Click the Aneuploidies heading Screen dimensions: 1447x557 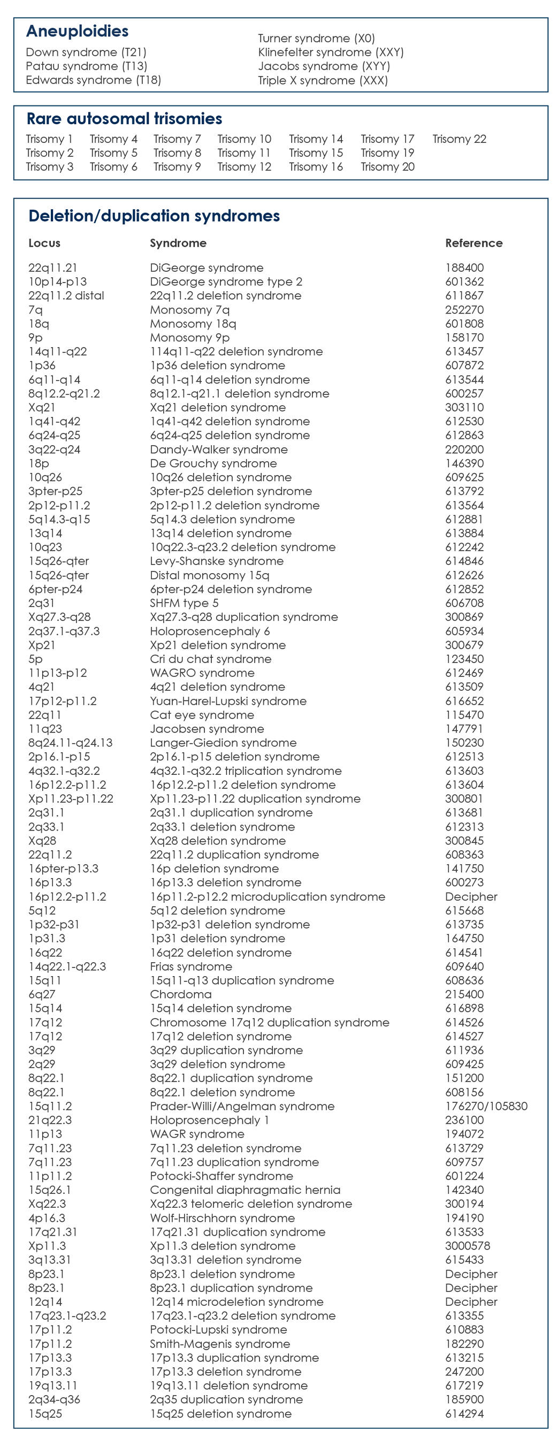[x=78, y=32]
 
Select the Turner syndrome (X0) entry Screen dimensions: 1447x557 [x=316, y=39]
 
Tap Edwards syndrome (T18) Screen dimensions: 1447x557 [x=93, y=80]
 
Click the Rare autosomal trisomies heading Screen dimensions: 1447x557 [x=124, y=119]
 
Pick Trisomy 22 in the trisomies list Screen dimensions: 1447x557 [x=459, y=139]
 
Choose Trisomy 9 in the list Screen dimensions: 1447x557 [x=177, y=167]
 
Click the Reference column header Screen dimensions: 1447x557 [x=474, y=243]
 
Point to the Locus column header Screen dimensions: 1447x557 [x=44, y=243]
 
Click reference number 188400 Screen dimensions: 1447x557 [x=464, y=268]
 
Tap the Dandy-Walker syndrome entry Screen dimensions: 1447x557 [x=218, y=450]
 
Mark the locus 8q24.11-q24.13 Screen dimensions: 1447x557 [x=70, y=743]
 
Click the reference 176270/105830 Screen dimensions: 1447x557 [x=486, y=1106]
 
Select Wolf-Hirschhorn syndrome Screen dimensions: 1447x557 [x=222, y=1218]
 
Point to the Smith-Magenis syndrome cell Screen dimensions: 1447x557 [x=219, y=1344]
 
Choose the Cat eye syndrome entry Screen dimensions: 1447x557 [x=202, y=715]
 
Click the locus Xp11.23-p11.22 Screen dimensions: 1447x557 [x=71, y=799]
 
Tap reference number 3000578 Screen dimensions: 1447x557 [x=467, y=1246]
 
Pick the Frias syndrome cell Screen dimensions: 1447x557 [x=191, y=966]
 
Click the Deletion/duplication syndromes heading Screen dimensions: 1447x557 [x=154, y=216]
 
